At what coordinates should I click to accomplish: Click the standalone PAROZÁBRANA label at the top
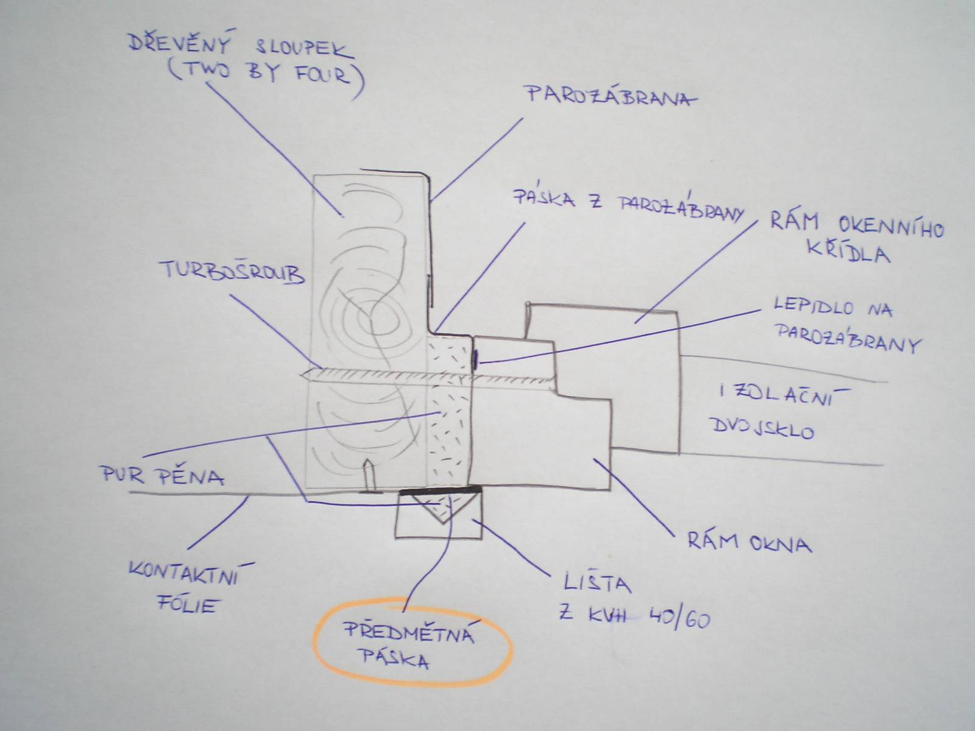tap(612, 96)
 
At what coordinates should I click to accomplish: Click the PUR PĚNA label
tap(163, 475)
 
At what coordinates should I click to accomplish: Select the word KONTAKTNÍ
tap(190, 574)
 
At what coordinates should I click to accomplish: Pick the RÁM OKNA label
tap(750, 542)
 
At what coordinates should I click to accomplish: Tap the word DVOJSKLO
tap(763, 429)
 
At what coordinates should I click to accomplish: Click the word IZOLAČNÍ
tap(782, 397)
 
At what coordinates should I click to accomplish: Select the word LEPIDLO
tap(814, 306)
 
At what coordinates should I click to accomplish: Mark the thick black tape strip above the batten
tap(440, 490)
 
